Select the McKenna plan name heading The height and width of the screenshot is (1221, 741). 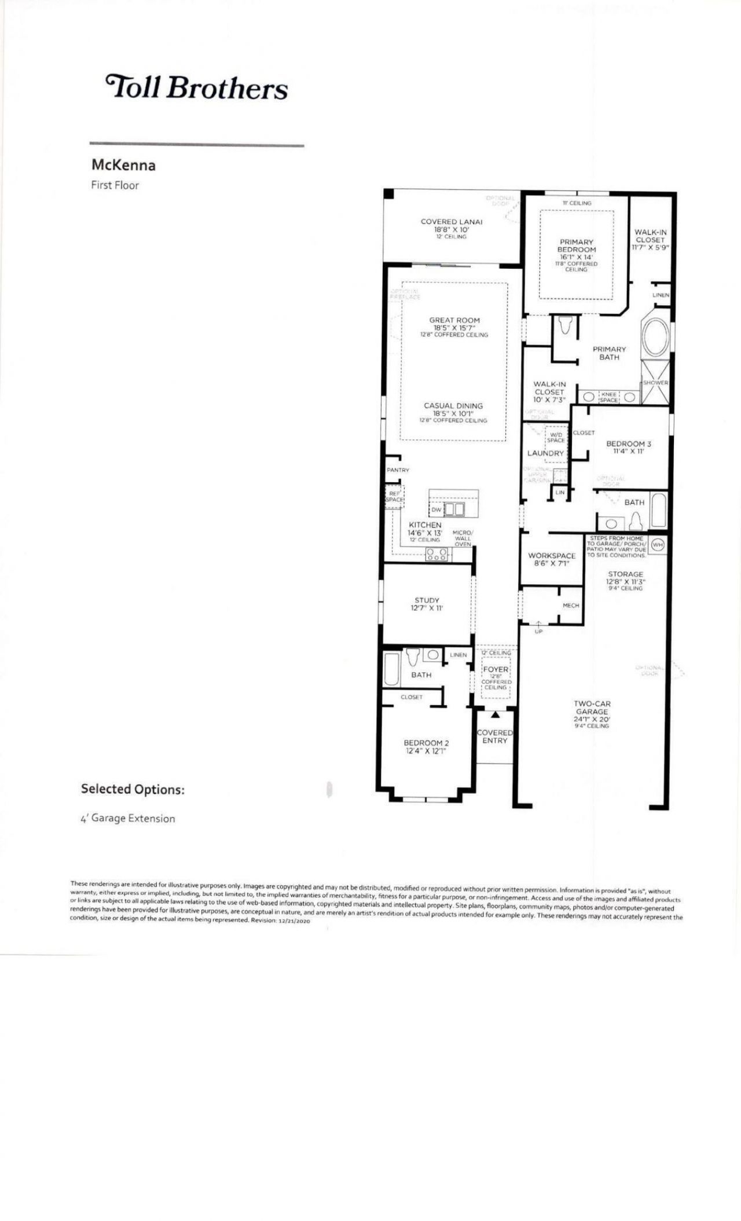pyautogui.click(x=123, y=165)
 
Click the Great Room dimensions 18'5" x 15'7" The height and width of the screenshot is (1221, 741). pyautogui.click(x=454, y=328)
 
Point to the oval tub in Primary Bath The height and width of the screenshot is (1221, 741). pyautogui.click(x=655, y=338)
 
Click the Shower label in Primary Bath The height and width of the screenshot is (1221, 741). pyautogui.click(x=655, y=383)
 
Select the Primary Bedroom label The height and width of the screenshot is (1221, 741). pyautogui.click(x=577, y=245)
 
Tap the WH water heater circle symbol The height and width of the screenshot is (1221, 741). pyautogui.click(x=658, y=544)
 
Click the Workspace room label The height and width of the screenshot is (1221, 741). pyautogui.click(x=552, y=556)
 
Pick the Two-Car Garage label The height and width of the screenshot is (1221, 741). pyautogui.click(x=592, y=707)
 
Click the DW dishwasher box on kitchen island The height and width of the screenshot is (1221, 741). pyautogui.click(x=436, y=510)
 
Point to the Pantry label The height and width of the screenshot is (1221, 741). pyautogui.click(x=398, y=470)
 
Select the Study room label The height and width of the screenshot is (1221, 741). pyautogui.click(x=427, y=600)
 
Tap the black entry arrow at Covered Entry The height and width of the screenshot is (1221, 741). pyautogui.click(x=494, y=715)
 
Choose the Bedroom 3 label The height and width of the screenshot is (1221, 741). pyautogui.click(x=629, y=444)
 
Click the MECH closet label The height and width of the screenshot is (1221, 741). pyautogui.click(x=571, y=606)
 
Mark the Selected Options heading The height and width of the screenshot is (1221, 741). pyautogui.click(x=133, y=789)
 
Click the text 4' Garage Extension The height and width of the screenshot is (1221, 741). pyautogui.click(x=128, y=819)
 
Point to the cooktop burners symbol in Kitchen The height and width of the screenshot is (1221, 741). pyautogui.click(x=436, y=554)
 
